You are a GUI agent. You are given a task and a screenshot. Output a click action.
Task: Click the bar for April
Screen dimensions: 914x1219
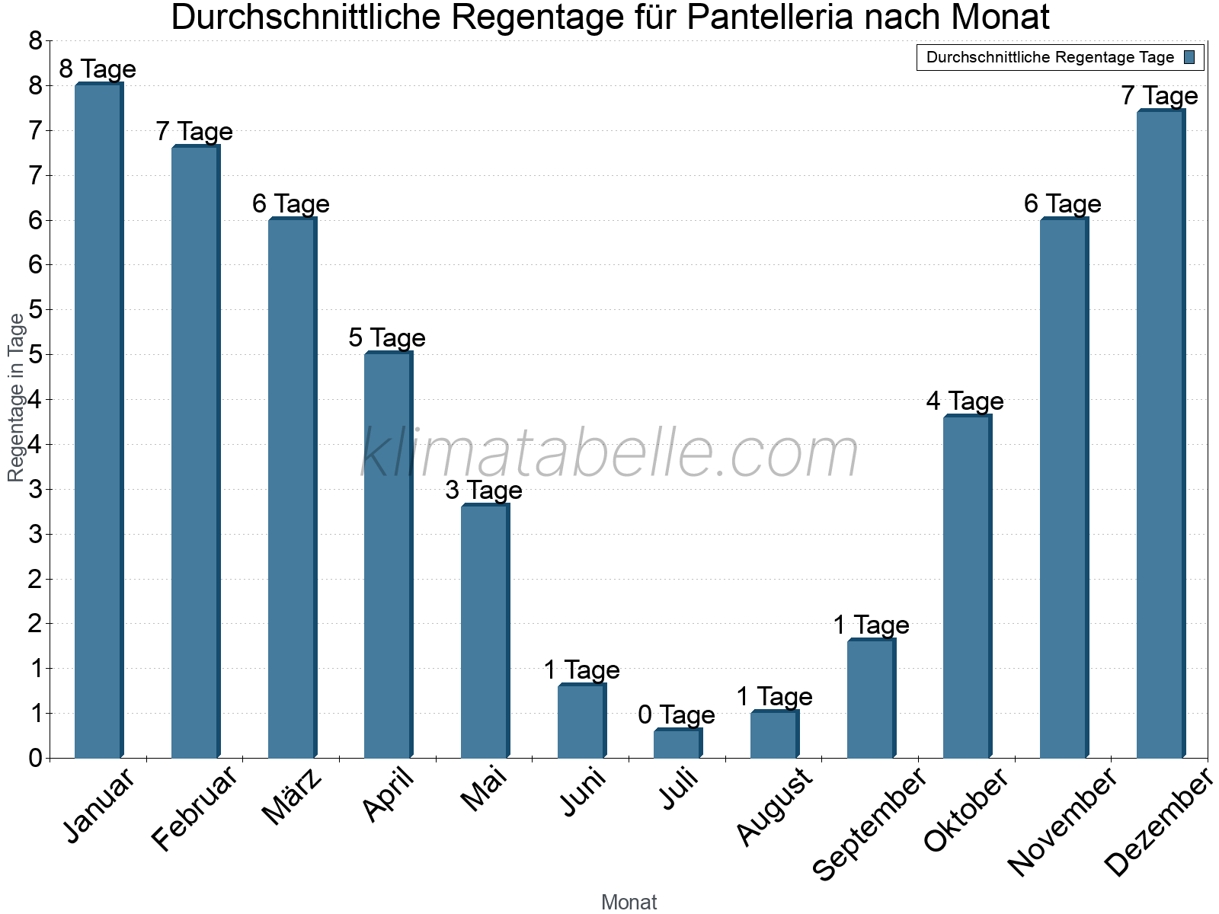coord(388,555)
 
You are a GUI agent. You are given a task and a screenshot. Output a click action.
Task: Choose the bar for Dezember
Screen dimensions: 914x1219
coord(1160,434)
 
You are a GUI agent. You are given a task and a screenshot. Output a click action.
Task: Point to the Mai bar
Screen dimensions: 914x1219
coord(485,631)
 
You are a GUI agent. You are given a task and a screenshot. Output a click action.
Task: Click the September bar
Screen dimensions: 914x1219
coord(871,698)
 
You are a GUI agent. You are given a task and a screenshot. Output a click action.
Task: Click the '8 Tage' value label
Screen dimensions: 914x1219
coord(98,69)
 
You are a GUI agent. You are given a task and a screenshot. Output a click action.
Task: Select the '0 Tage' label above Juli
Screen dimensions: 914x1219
coord(677,715)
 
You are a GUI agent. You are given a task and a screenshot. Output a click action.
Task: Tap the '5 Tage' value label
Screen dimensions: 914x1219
coord(387,338)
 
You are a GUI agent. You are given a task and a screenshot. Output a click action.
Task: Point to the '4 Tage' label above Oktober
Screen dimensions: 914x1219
coord(965,401)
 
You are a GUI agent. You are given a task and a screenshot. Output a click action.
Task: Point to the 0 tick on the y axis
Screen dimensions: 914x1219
coord(35,759)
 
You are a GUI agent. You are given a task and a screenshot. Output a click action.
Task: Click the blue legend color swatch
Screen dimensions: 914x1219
coord(1189,57)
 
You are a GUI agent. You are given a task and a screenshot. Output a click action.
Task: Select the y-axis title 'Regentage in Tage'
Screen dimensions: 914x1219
coord(16,398)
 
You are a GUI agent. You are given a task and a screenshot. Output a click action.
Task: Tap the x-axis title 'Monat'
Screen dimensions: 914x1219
coord(629,903)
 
